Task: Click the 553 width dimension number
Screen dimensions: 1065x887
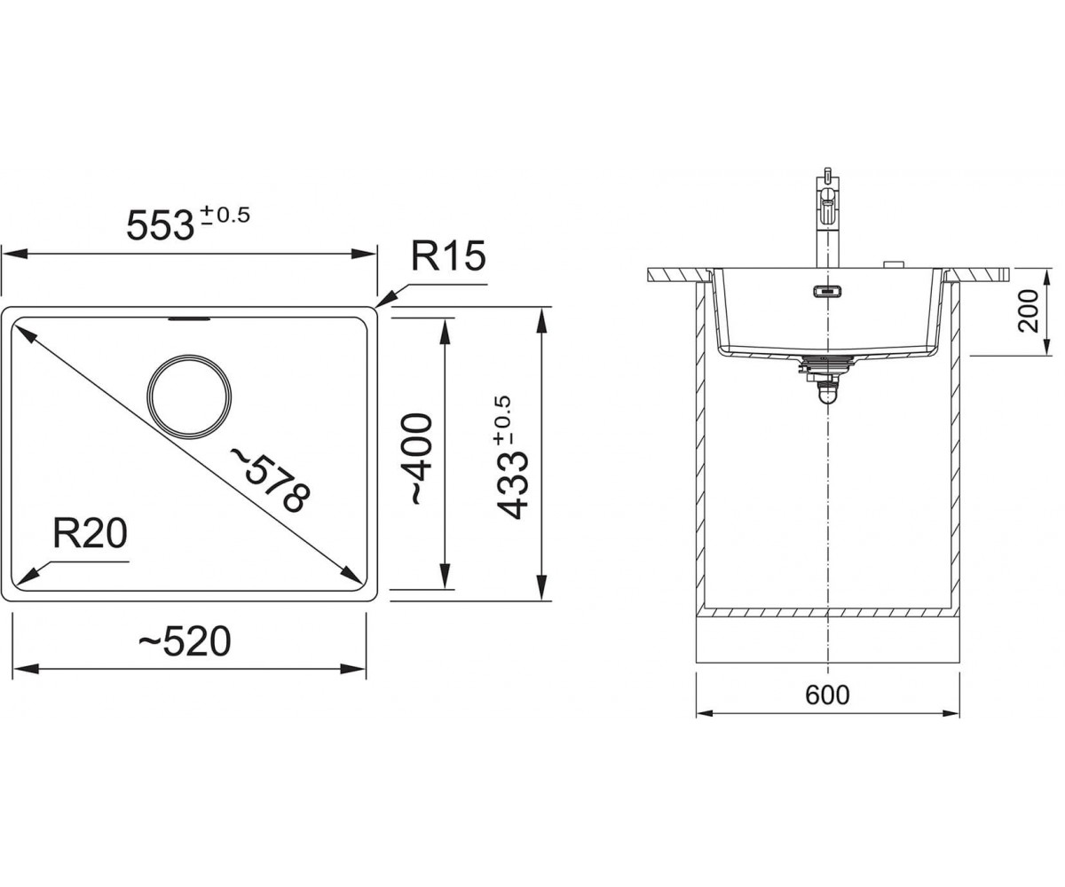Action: [x=160, y=224]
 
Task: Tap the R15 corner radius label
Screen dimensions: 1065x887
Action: [x=448, y=256]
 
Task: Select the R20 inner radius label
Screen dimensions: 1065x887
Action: [x=91, y=534]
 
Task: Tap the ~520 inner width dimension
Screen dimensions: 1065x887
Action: [x=185, y=641]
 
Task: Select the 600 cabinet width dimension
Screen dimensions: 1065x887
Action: [x=827, y=695]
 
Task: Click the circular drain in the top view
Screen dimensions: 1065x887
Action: [x=189, y=396]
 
